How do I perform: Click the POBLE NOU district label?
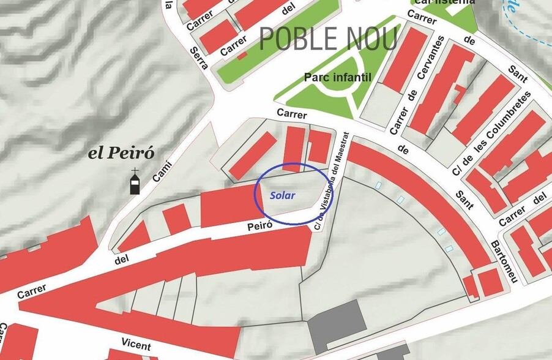329,39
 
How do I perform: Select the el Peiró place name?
121,153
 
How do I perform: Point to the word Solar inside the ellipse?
282,195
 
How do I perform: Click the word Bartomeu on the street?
504,260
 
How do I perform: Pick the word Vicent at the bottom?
135,344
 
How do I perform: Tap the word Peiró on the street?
258,226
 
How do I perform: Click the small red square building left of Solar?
176,219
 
